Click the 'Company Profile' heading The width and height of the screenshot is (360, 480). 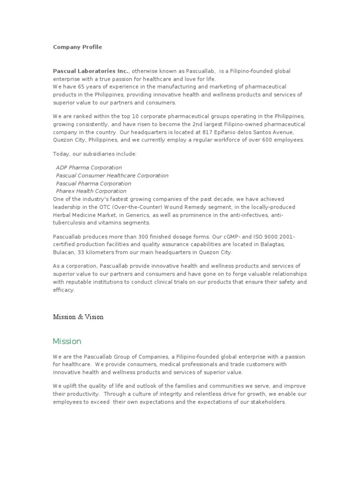tap(77, 47)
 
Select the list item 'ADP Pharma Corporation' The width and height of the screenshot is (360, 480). tap(89, 168)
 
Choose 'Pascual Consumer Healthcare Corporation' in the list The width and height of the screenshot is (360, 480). tap(112, 176)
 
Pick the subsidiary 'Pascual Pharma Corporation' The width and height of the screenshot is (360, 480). tap(93, 184)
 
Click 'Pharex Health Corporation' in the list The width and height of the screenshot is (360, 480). tap(91, 191)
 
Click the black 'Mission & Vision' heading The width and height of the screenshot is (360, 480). tap(78, 317)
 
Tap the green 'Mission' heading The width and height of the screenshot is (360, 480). tap(67, 341)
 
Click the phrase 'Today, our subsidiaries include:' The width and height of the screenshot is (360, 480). tap(95, 154)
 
